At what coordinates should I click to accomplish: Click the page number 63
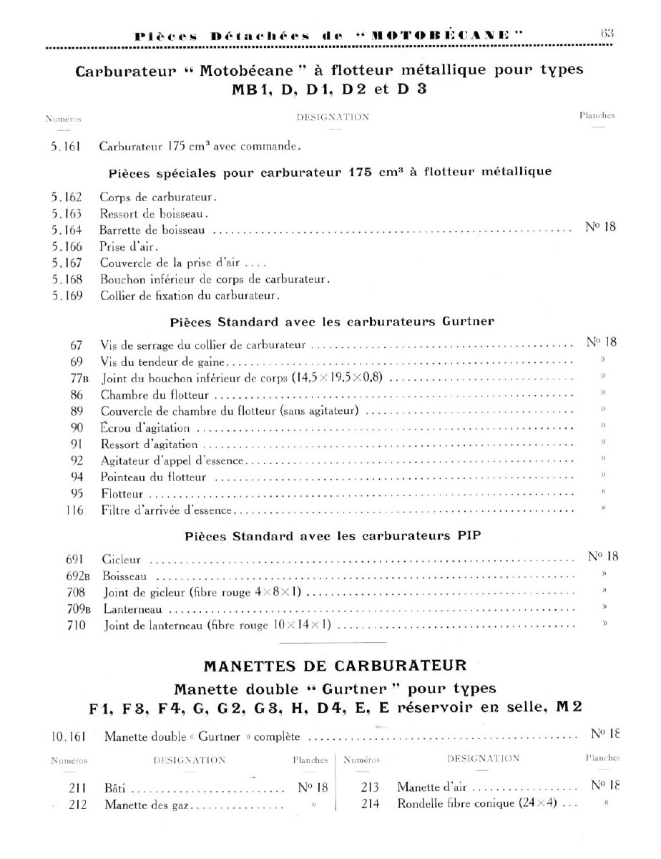[608, 33]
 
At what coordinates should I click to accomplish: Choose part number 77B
[74, 377]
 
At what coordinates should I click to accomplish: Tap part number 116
[74, 510]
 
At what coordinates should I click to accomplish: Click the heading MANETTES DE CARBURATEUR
[335, 666]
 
